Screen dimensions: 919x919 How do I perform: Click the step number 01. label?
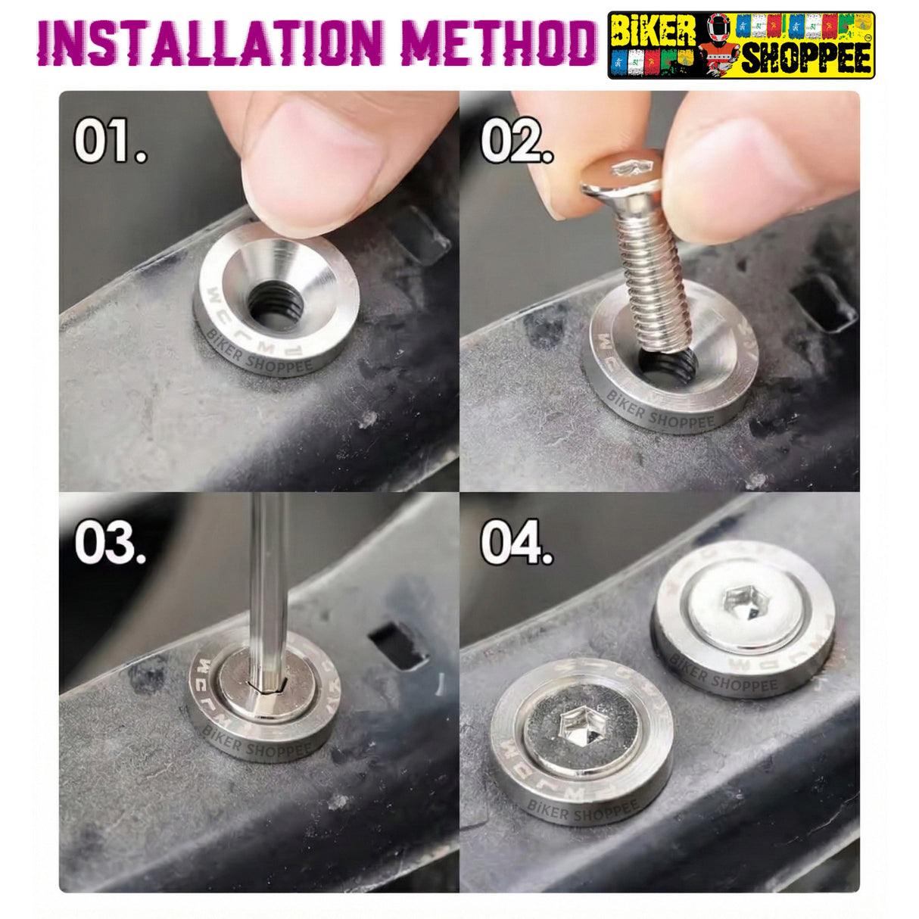[110, 142]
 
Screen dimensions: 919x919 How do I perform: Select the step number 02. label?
[516, 142]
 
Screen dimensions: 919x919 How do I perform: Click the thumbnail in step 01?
[318, 151]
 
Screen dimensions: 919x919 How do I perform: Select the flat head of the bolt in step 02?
[621, 171]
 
